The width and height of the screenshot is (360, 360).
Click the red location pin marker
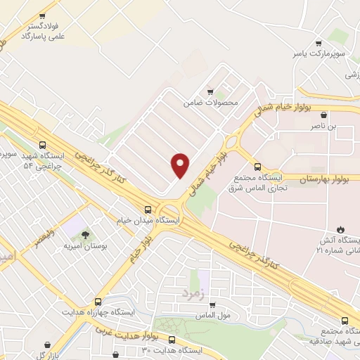(181, 165)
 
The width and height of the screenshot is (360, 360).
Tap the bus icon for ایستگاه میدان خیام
(148, 209)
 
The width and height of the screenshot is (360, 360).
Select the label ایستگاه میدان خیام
(148, 221)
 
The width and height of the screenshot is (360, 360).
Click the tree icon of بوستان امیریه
(85, 235)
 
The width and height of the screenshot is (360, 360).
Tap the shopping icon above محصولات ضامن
(210, 92)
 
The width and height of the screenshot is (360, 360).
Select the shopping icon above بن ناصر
(323, 115)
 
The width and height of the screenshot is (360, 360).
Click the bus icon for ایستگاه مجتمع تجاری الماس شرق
(257, 167)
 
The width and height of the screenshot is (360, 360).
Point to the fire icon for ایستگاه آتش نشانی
(341, 229)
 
